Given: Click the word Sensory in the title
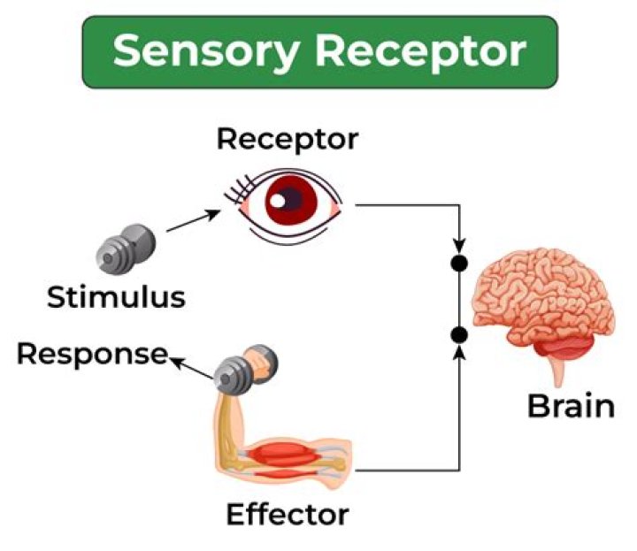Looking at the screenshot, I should [x=210, y=51].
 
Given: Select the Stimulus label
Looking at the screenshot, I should [x=116, y=296].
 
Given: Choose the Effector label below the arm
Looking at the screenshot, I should [x=287, y=513].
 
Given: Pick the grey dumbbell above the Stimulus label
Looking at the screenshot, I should [x=125, y=248].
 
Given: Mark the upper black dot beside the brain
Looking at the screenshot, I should [x=458, y=263].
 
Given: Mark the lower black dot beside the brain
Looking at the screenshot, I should [x=458, y=334].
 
